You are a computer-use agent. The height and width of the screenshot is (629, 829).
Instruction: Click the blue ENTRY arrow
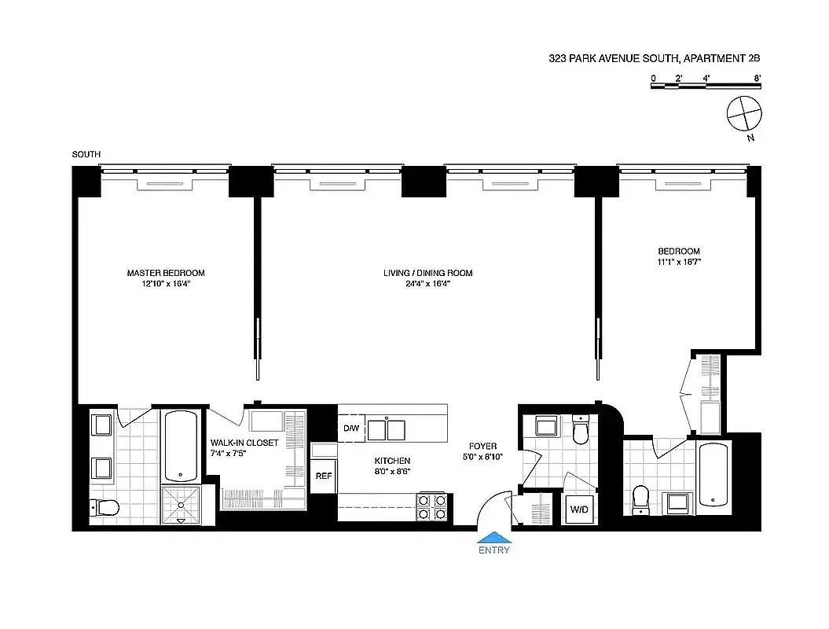coord(493,538)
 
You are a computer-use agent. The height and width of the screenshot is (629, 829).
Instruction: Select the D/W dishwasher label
coord(350,429)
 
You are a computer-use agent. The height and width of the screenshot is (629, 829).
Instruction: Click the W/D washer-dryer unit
coord(579,509)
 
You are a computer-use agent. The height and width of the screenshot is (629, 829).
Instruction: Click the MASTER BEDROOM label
coord(166,273)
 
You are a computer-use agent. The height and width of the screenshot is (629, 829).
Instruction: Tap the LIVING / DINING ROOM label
coord(427,273)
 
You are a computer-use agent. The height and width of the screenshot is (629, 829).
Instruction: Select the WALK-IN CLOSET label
coord(244,443)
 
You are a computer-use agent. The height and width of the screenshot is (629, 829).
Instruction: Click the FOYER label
coord(483,446)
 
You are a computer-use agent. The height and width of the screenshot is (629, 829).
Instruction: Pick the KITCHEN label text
coord(392,461)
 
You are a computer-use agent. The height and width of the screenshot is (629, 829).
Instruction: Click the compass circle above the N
coord(743,114)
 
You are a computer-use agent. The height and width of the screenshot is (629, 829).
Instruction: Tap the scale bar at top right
coord(706,86)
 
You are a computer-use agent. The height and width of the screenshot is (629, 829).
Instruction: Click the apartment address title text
coord(655,58)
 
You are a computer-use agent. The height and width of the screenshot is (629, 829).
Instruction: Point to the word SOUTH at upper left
coord(86,154)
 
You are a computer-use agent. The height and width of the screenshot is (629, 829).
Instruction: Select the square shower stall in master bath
coord(182,504)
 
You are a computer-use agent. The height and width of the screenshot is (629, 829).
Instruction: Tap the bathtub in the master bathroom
coord(182,445)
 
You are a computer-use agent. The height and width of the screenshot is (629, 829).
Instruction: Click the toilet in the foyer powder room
coord(581,432)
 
